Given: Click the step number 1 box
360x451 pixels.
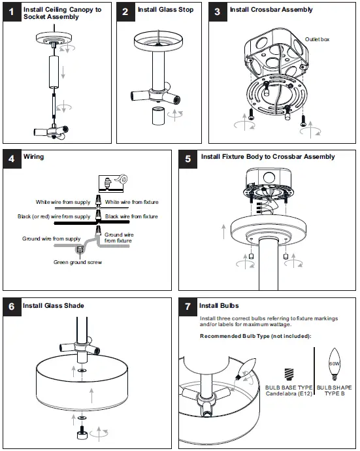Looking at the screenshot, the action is (12, 12).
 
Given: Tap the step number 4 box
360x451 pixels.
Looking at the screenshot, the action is (12, 159).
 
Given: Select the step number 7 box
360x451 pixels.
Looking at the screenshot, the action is (188, 307).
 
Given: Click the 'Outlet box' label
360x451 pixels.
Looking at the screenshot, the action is (317, 39).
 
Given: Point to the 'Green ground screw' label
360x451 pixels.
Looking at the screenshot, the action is (78, 262).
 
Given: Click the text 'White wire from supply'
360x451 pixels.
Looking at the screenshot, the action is (63, 202).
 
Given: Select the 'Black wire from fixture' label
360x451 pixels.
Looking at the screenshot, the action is (131, 216).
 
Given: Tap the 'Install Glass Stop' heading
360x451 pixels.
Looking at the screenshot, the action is (165, 10).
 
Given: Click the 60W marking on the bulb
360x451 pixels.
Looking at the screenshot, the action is (335, 363).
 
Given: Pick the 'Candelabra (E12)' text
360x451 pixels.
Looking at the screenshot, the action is (289, 393).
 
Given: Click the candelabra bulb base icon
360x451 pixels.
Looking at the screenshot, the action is (289, 375).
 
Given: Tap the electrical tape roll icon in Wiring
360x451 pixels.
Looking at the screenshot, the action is (122, 179).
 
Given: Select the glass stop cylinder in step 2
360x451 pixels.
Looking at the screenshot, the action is (158, 116).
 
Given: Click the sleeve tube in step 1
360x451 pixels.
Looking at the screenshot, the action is (54, 72).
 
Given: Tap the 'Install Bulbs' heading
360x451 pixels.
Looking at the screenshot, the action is (219, 306).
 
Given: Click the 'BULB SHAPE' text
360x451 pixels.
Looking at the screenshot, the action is (334, 388).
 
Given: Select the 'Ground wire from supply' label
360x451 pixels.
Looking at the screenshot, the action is (51, 239).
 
